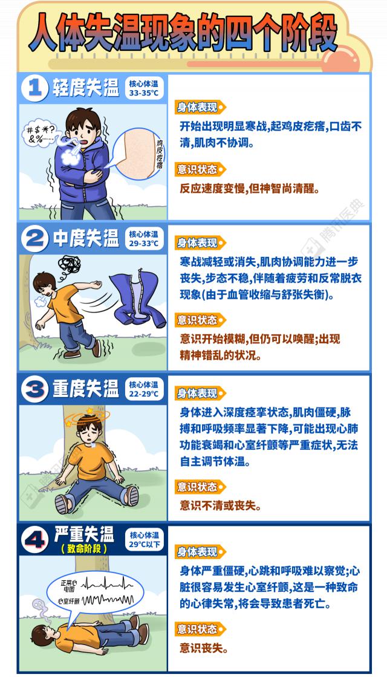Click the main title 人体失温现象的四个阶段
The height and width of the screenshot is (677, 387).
183,33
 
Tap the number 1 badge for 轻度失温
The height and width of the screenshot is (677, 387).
34,88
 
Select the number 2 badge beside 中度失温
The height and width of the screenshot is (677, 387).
34,239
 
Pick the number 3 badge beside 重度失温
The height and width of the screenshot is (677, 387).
34,389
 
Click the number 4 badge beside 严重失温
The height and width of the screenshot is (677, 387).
34,540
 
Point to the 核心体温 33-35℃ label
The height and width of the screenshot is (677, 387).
144,88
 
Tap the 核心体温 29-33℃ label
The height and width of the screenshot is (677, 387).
144,239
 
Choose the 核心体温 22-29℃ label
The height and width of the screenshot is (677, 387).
144,389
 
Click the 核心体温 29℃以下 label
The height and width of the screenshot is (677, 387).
145,540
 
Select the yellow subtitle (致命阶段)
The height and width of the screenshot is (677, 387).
84,549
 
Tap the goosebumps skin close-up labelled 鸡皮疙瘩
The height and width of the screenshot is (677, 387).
138,154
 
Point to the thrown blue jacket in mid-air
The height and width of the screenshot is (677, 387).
137,299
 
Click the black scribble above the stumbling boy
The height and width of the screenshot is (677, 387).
69,264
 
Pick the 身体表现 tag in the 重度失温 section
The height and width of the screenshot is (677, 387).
200,394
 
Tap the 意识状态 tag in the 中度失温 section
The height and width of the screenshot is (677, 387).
200,320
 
